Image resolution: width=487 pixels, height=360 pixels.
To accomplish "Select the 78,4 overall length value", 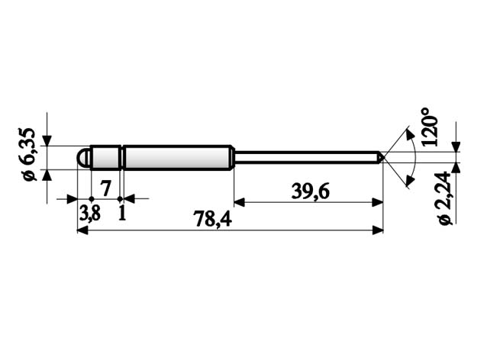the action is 213,218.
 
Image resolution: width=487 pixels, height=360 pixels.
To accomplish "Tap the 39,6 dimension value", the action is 310,191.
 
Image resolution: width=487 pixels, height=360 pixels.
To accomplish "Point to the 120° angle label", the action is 429,127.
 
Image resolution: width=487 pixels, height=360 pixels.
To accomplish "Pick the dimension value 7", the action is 105,188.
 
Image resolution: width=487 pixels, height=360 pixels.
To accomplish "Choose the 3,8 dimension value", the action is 90,214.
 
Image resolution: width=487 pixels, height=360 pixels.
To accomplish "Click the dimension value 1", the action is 122,213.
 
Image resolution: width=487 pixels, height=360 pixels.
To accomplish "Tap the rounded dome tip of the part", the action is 83,157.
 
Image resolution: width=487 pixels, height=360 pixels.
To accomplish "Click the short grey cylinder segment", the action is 105,157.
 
